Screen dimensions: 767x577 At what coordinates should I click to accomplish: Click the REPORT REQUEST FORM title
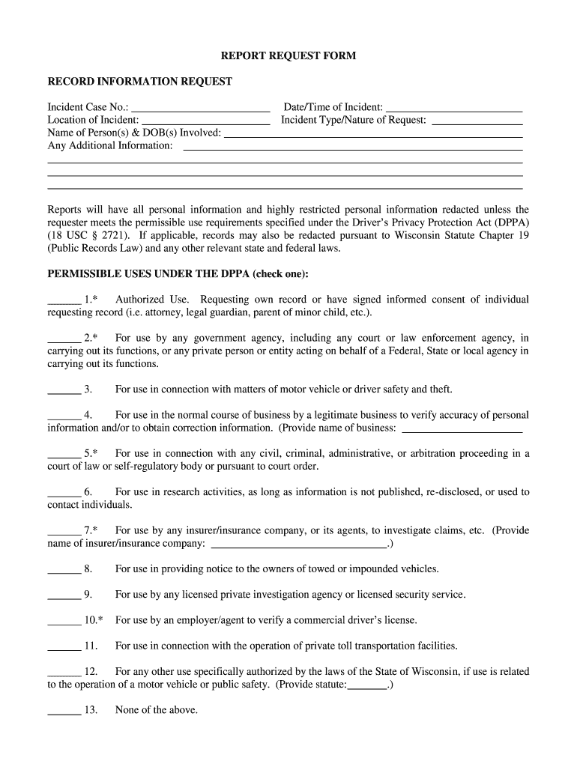point(288,56)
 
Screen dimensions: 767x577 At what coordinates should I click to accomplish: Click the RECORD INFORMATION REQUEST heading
point(140,82)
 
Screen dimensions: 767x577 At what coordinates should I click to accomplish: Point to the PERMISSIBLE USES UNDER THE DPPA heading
point(178,273)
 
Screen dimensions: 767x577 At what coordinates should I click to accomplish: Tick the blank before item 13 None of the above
point(64,712)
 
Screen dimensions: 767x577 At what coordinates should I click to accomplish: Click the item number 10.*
point(94,621)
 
